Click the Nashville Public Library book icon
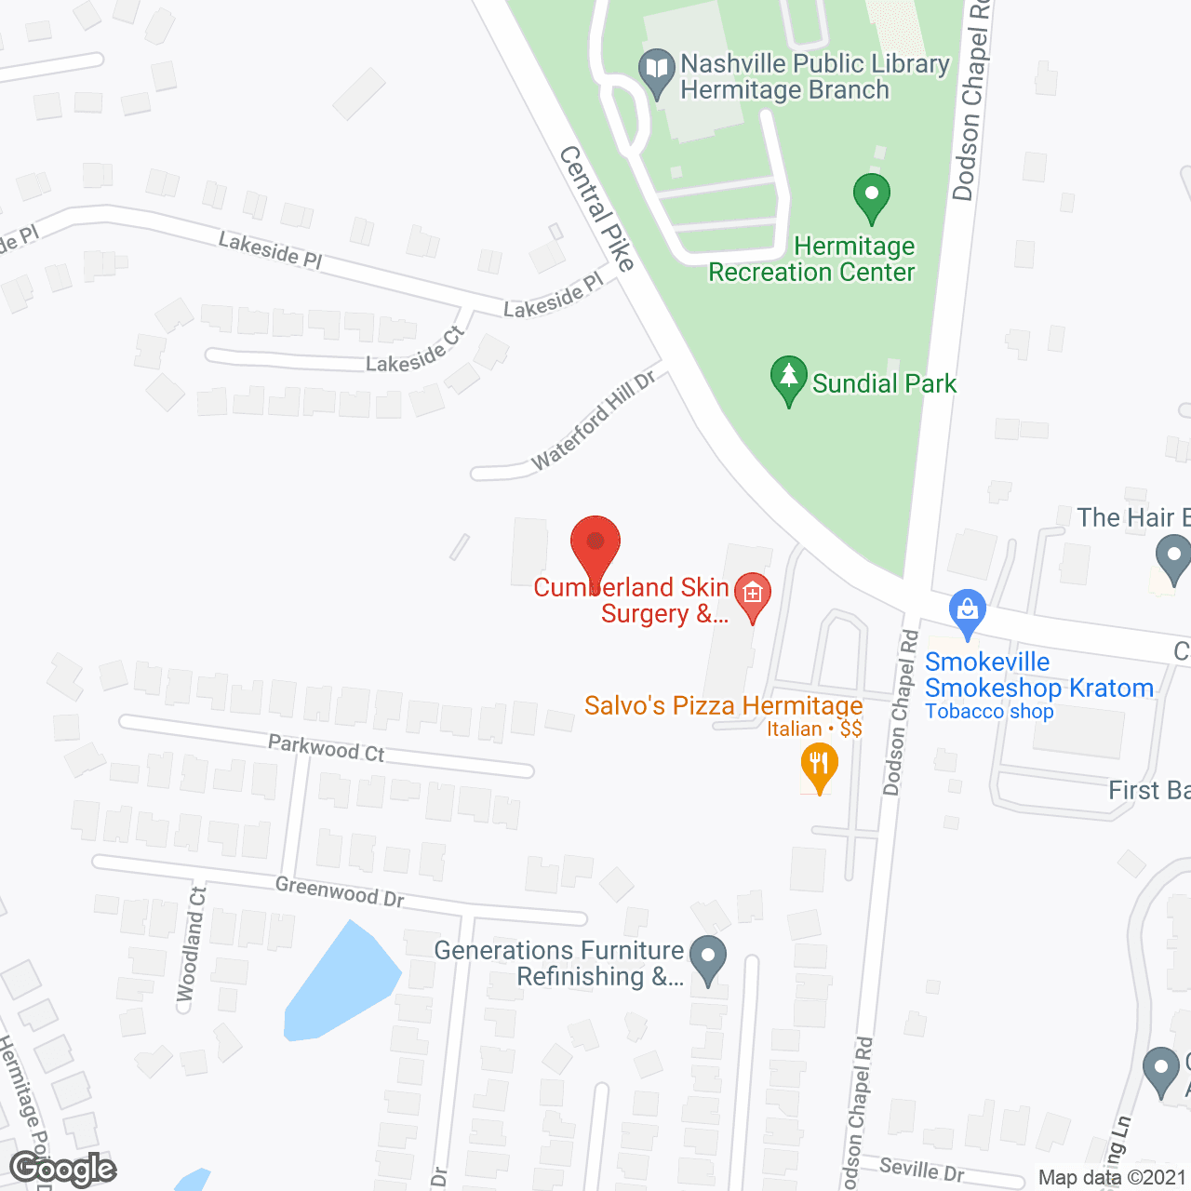(657, 72)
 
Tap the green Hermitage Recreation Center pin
(871, 197)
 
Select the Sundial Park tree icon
(788, 380)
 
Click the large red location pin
(595, 547)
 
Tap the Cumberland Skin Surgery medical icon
(752, 595)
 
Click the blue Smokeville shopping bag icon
(968, 613)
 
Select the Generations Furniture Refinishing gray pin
(708, 958)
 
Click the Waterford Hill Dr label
(594, 420)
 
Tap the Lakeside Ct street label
(414, 351)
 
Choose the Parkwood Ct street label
(326, 748)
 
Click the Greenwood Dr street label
(340, 890)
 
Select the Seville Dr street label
(922, 1169)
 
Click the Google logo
(62, 1169)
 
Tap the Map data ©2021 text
(1112, 1178)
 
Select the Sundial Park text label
(884, 383)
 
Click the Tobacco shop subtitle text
(989, 712)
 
